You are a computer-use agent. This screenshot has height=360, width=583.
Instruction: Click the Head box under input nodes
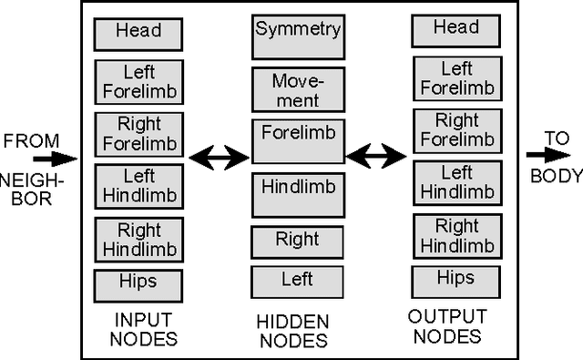(x=138, y=33)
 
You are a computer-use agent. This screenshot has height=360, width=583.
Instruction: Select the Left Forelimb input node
(x=138, y=81)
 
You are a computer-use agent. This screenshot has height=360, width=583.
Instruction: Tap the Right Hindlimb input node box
(x=138, y=239)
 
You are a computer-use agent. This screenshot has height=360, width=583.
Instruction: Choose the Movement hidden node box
(x=298, y=89)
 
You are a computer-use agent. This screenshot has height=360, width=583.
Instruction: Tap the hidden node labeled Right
(x=298, y=242)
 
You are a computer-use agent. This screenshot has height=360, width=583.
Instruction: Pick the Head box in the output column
(x=455, y=30)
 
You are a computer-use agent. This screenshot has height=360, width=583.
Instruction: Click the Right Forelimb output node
(x=455, y=130)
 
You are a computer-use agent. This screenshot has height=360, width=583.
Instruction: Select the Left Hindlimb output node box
(x=455, y=182)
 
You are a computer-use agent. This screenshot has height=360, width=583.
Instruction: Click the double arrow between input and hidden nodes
(x=219, y=159)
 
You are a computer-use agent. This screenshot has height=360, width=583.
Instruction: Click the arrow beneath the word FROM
(x=55, y=159)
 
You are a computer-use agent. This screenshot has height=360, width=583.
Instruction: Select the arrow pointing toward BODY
(x=544, y=155)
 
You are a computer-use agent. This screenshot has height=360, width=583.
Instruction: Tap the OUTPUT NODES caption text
(x=446, y=326)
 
